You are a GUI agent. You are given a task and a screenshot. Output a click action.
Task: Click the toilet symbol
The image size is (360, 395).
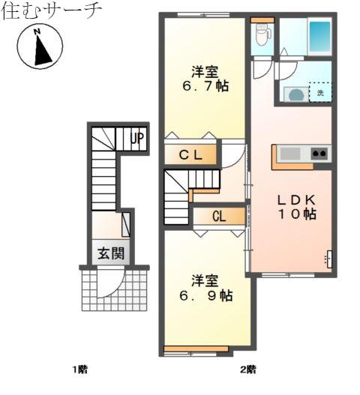[x=263, y=34]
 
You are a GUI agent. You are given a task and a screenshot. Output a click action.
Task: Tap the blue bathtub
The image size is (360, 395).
[x=320, y=37]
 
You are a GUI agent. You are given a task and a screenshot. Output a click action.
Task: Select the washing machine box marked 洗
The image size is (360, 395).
[x=320, y=92]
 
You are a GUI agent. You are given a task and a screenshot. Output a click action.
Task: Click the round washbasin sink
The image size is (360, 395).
[x=296, y=95]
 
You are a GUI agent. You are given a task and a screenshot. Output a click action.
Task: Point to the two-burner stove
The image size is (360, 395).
[x=319, y=153]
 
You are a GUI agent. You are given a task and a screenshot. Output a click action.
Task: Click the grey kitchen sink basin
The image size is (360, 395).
[x=290, y=154]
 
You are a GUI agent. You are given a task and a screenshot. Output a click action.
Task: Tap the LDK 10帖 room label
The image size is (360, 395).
[x=297, y=207]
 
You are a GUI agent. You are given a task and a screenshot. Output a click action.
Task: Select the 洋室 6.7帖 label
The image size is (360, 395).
[x=205, y=79]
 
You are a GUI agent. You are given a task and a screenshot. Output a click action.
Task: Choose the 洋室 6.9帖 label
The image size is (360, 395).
[x=205, y=288]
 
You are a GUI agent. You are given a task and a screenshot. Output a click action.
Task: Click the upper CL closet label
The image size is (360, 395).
[x=190, y=155]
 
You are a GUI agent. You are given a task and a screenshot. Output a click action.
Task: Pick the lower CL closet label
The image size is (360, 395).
[x=219, y=216]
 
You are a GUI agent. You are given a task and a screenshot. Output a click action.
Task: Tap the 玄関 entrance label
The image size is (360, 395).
[x=111, y=253]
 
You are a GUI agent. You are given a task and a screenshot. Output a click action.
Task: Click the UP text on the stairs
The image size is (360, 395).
[x=137, y=139]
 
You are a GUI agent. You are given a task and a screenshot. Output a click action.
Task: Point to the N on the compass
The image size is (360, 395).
[x=37, y=31]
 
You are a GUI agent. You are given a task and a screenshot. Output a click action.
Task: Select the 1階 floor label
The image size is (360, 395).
[x=80, y=370]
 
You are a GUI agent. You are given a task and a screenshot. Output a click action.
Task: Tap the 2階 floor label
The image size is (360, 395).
[x=248, y=370]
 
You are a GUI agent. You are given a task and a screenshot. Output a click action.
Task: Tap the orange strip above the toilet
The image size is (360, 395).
[x=262, y=20]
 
